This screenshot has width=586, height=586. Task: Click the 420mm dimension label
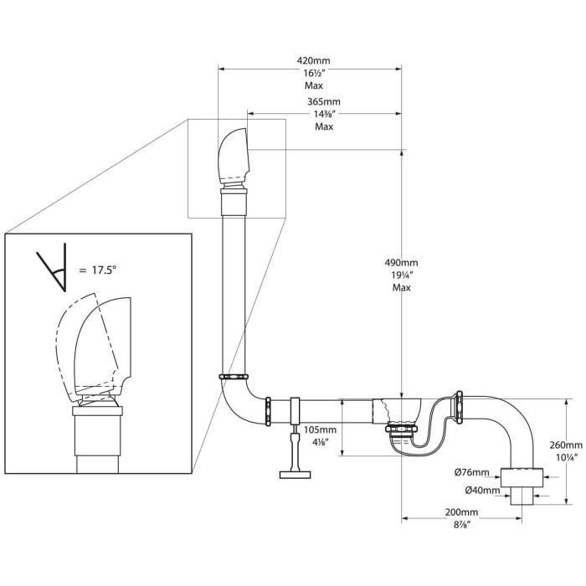pyautogui.click(x=314, y=60)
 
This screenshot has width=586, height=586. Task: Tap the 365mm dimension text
pyautogui.click(x=324, y=101)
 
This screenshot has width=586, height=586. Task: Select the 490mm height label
pyautogui.click(x=401, y=263)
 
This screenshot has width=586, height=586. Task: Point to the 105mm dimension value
pyautogui.click(x=320, y=429)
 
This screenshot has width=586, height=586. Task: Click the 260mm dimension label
pyautogui.click(x=566, y=445)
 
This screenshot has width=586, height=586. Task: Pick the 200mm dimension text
pyautogui.click(x=461, y=512)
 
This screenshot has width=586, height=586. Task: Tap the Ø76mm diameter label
pyautogui.click(x=471, y=472)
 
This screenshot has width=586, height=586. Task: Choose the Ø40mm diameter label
pyautogui.click(x=482, y=491)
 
